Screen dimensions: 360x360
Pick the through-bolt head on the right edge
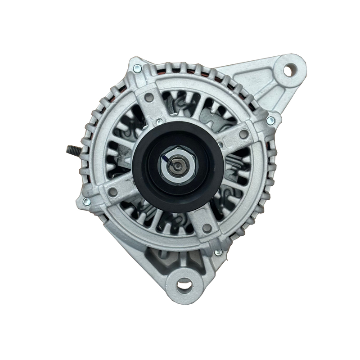coord(270,121)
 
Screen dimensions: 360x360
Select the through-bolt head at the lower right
coord(218,252)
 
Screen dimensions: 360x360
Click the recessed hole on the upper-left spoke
coord(150,97)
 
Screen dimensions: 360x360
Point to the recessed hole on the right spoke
coord(243,134)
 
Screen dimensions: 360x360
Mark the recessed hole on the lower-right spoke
coord(207,228)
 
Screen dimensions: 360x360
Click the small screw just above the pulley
coord(159,121)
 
